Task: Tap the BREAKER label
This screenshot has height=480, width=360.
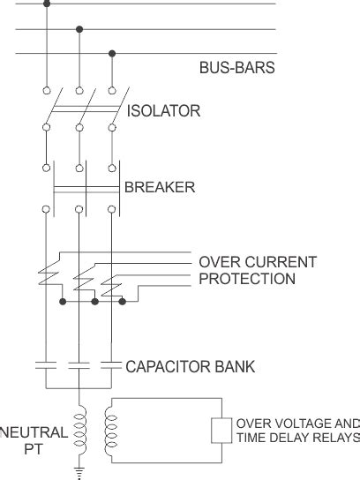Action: (160, 187)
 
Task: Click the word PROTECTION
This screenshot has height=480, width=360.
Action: (246, 279)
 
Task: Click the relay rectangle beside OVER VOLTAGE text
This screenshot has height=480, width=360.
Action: (221, 430)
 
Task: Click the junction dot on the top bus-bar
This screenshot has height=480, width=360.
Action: (46, 4)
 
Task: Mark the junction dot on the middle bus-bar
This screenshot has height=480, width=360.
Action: (79, 30)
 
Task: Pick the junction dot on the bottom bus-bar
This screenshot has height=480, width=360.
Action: (111, 53)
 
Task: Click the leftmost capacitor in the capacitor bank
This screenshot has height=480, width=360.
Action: (46, 363)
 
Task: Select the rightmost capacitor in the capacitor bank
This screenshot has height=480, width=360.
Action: (111, 363)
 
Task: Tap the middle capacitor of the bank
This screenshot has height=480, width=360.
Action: (79, 363)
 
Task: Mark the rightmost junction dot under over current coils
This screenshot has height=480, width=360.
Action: (123, 302)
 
